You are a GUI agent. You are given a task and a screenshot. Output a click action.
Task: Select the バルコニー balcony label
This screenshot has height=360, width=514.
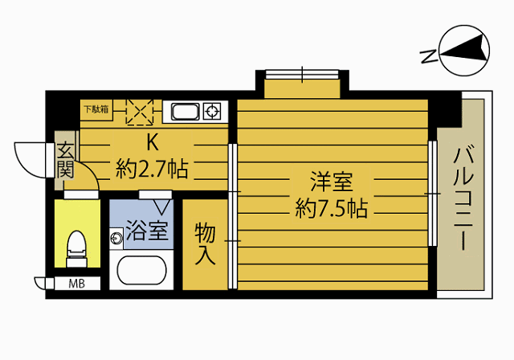pos(462,198)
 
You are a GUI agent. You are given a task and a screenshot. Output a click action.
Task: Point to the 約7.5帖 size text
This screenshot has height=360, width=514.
pos(331,210)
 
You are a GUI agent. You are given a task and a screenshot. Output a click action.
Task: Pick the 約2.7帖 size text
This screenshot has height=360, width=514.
pos(152,169)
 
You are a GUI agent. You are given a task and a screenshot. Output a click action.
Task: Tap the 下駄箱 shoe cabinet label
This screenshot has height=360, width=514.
pos(96,108)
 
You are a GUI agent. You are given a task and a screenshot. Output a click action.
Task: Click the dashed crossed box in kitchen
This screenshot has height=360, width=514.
pos(140,112)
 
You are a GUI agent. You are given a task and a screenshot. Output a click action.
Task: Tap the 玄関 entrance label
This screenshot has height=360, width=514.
pos(65,161)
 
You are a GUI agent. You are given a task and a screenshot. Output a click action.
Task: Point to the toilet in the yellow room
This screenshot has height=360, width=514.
pos(76,245)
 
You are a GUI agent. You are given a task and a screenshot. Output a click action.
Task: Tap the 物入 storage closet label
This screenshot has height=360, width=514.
pos(205,244)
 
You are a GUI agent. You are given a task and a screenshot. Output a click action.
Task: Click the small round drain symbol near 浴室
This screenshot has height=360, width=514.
pos(116,237)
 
